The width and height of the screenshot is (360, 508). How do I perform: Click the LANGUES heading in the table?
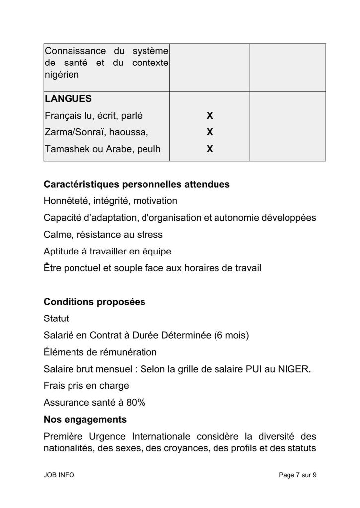tap(65, 99)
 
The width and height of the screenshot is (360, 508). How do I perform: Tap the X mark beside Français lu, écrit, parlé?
tap(210, 116)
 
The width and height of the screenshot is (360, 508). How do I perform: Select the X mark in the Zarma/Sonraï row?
tap(210, 132)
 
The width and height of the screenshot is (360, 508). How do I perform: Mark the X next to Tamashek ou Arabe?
tap(210, 149)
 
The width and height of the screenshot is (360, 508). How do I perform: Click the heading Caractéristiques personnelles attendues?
tap(137, 184)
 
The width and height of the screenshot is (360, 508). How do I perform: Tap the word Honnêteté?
tap(66, 201)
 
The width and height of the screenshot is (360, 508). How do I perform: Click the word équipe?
tap(157, 252)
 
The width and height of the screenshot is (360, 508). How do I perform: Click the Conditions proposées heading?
tap(94, 302)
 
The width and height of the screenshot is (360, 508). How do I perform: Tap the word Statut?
tap(56, 318)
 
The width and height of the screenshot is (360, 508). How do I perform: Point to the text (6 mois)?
tap(232, 335)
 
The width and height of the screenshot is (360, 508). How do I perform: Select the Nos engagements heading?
tap(85, 420)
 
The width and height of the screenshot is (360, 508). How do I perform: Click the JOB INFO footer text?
tap(59, 475)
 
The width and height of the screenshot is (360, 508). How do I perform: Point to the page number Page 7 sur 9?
tap(297, 475)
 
